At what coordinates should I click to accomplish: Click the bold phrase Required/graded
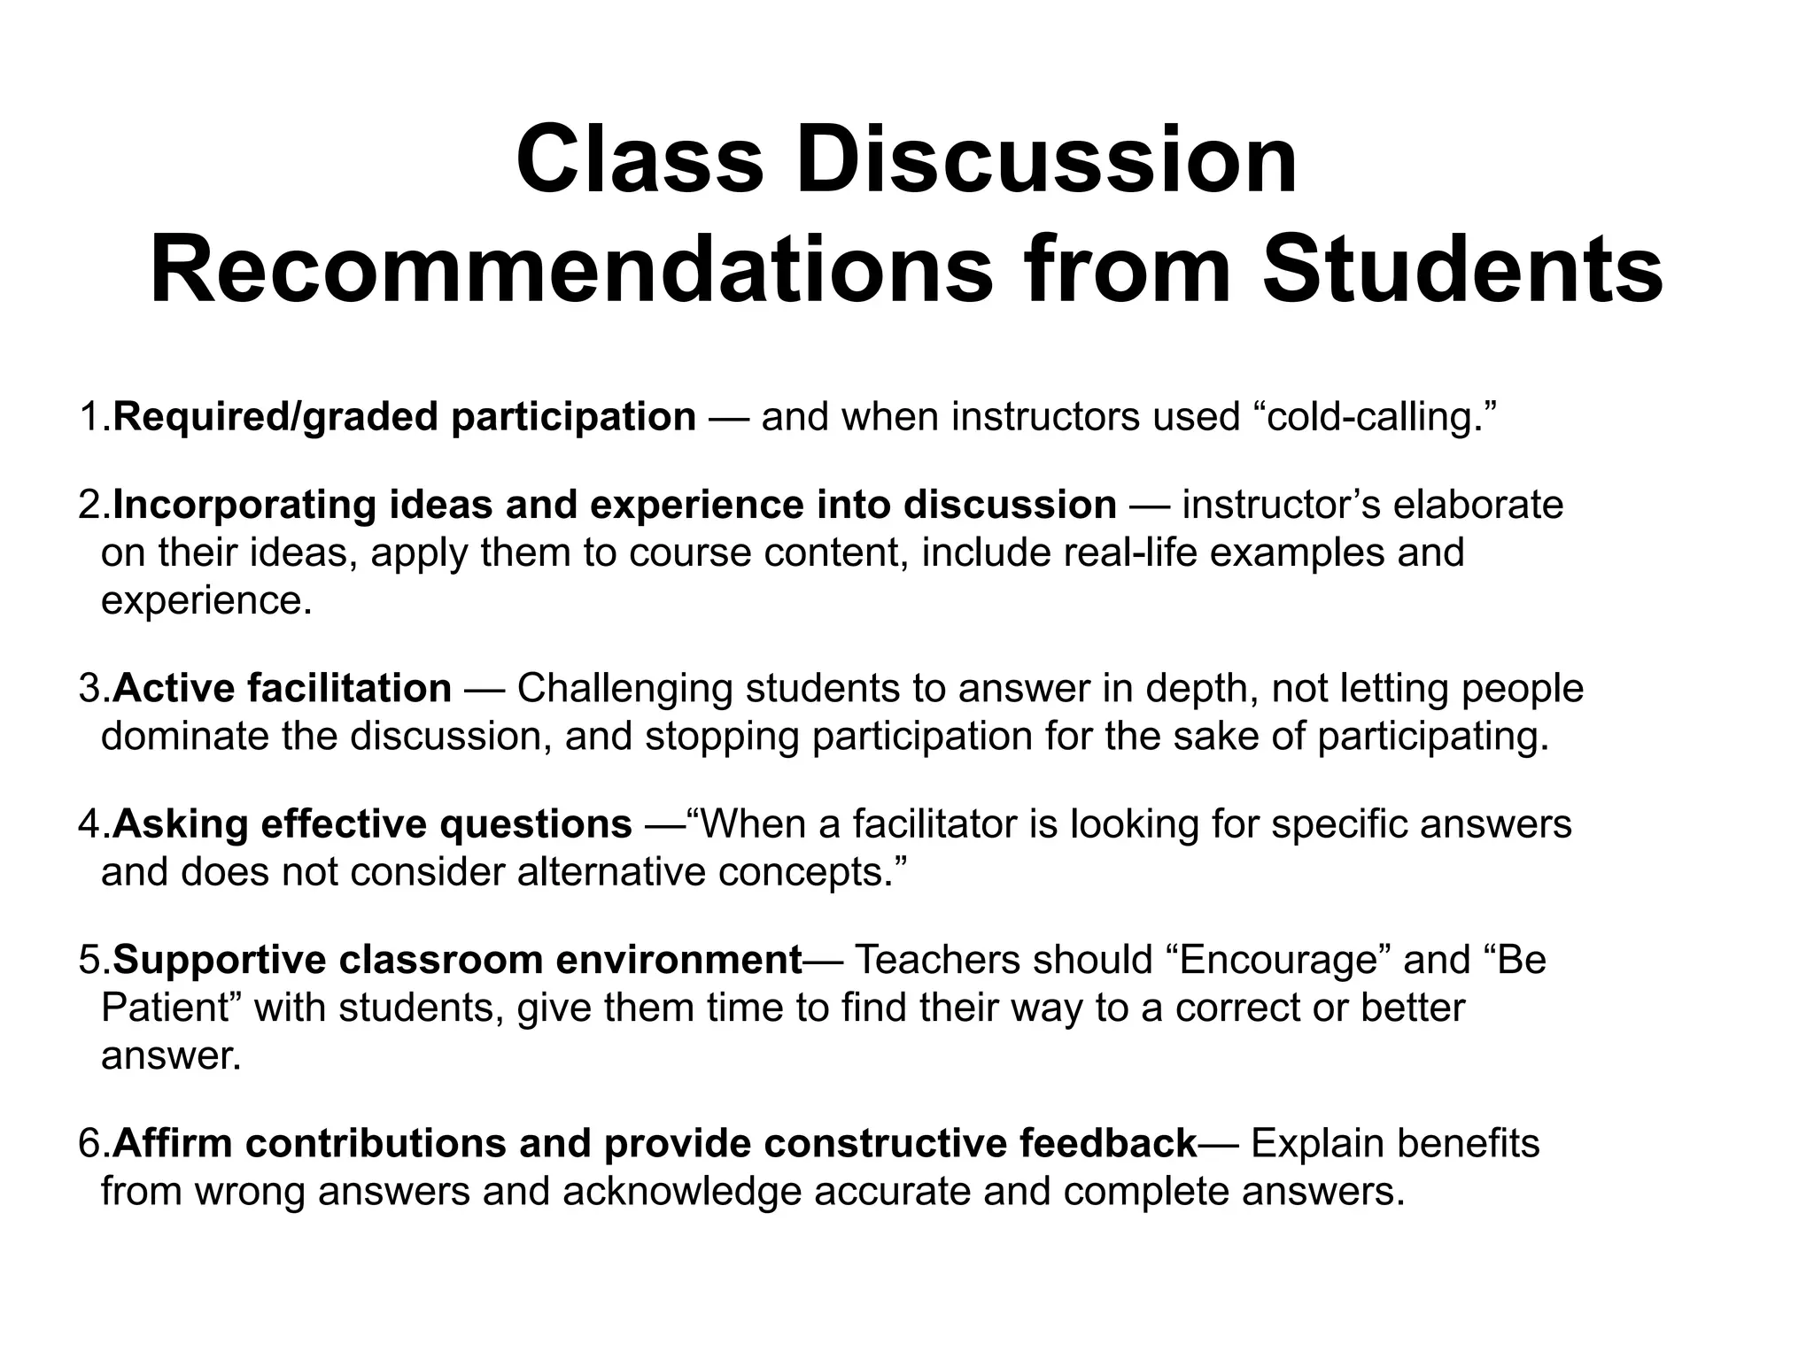coord(275,417)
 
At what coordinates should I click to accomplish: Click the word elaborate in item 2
coord(1478,505)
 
